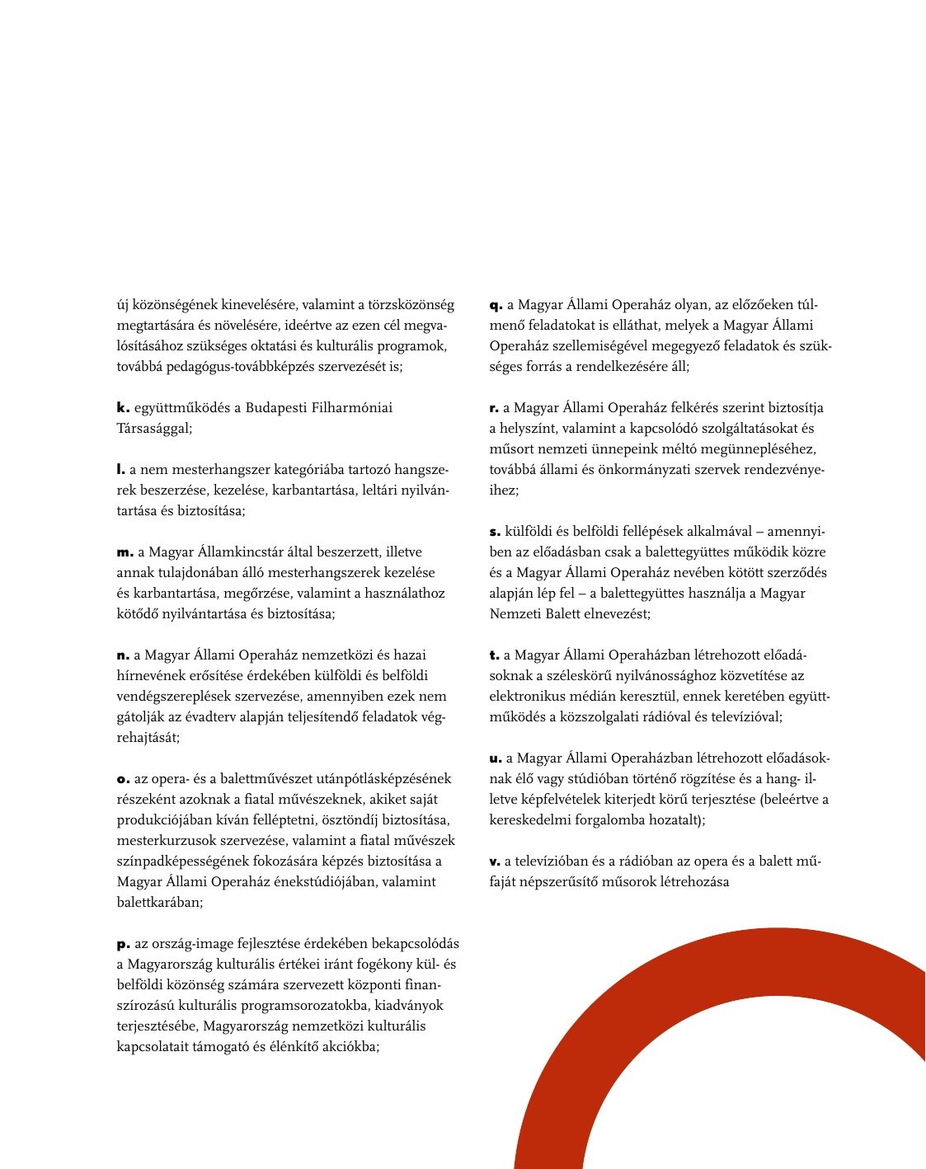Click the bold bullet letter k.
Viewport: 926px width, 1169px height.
123,408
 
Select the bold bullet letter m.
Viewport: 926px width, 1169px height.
124,552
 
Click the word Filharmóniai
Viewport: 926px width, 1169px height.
352,408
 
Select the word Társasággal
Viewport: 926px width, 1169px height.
153,429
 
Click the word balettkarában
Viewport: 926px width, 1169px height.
159,903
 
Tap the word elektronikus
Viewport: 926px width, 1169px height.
527,697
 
